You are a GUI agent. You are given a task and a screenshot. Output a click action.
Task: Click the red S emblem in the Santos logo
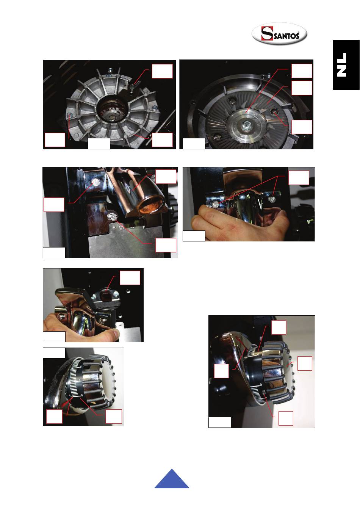point(267,34)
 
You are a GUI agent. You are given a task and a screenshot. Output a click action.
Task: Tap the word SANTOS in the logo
point(286,36)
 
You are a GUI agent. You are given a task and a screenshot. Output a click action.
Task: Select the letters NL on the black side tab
point(342,65)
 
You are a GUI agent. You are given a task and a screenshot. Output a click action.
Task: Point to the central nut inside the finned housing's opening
point(111,117)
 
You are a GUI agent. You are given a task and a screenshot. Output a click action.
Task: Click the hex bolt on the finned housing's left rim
point(70,116)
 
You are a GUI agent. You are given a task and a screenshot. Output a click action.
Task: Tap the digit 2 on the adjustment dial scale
point(81,367)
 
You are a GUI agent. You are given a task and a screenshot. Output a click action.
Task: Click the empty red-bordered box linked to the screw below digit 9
point(286,418)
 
